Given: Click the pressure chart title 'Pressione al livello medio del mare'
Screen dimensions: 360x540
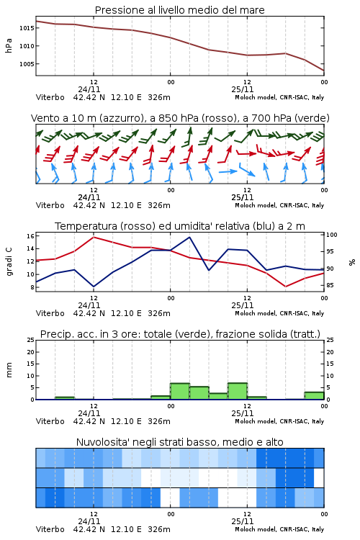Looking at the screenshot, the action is pos(179,10).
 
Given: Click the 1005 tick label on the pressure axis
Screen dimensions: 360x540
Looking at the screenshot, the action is pos(27,64).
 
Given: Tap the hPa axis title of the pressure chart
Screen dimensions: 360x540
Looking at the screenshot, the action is pos(9,45).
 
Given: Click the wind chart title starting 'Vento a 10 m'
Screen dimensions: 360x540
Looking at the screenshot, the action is pos(180,118).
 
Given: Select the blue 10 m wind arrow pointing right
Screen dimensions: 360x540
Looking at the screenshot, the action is pos(228,171).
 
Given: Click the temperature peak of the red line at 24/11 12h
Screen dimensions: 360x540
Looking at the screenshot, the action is pos(94,237).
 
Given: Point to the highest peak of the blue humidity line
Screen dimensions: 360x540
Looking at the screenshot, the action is pos(189,237).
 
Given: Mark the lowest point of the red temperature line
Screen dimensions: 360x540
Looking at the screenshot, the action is pos(286,287).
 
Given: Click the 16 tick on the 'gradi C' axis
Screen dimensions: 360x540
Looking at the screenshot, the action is pos(30,236).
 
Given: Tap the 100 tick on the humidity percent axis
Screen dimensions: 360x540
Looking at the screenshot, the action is pos(332,235).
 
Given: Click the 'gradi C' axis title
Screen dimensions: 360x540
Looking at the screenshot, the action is pos(9,262).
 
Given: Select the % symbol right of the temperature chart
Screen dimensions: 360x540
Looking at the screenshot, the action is pos(352,262).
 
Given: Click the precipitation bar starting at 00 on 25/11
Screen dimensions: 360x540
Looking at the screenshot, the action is pos(180,391).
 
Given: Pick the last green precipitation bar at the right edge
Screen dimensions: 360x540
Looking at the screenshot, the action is pos(314,396).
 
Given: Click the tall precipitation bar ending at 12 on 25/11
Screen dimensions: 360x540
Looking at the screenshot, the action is pos(238,391).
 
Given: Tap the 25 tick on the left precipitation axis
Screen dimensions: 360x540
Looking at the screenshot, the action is pos(30,340).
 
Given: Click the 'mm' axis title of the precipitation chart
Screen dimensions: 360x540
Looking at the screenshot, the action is pos(9,370).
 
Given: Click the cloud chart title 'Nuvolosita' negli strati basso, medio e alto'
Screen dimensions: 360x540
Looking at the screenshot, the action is pos(180,442).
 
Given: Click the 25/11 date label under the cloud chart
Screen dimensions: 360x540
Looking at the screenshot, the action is pos(243,521).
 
